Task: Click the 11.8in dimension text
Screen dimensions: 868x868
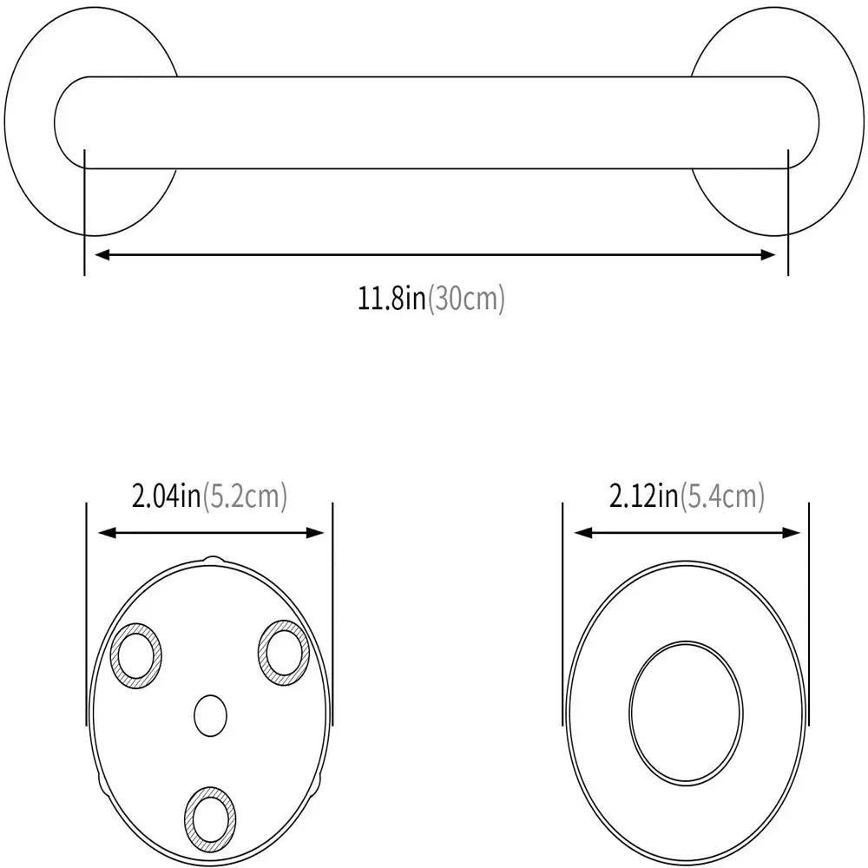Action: [392, 299]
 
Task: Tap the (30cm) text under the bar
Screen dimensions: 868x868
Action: [465, 299]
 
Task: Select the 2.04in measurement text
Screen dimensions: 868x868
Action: [166, 496]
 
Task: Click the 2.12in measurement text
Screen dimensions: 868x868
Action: [643, 496]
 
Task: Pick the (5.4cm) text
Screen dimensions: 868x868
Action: [721, 496]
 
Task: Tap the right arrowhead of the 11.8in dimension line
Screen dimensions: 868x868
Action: [770, 254]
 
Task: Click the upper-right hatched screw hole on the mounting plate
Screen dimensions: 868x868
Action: [282, 650]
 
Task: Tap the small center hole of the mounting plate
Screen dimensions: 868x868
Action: [209, 716]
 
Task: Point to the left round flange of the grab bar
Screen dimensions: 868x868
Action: [35, 122]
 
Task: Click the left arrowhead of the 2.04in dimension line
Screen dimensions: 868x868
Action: [101, 534]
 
